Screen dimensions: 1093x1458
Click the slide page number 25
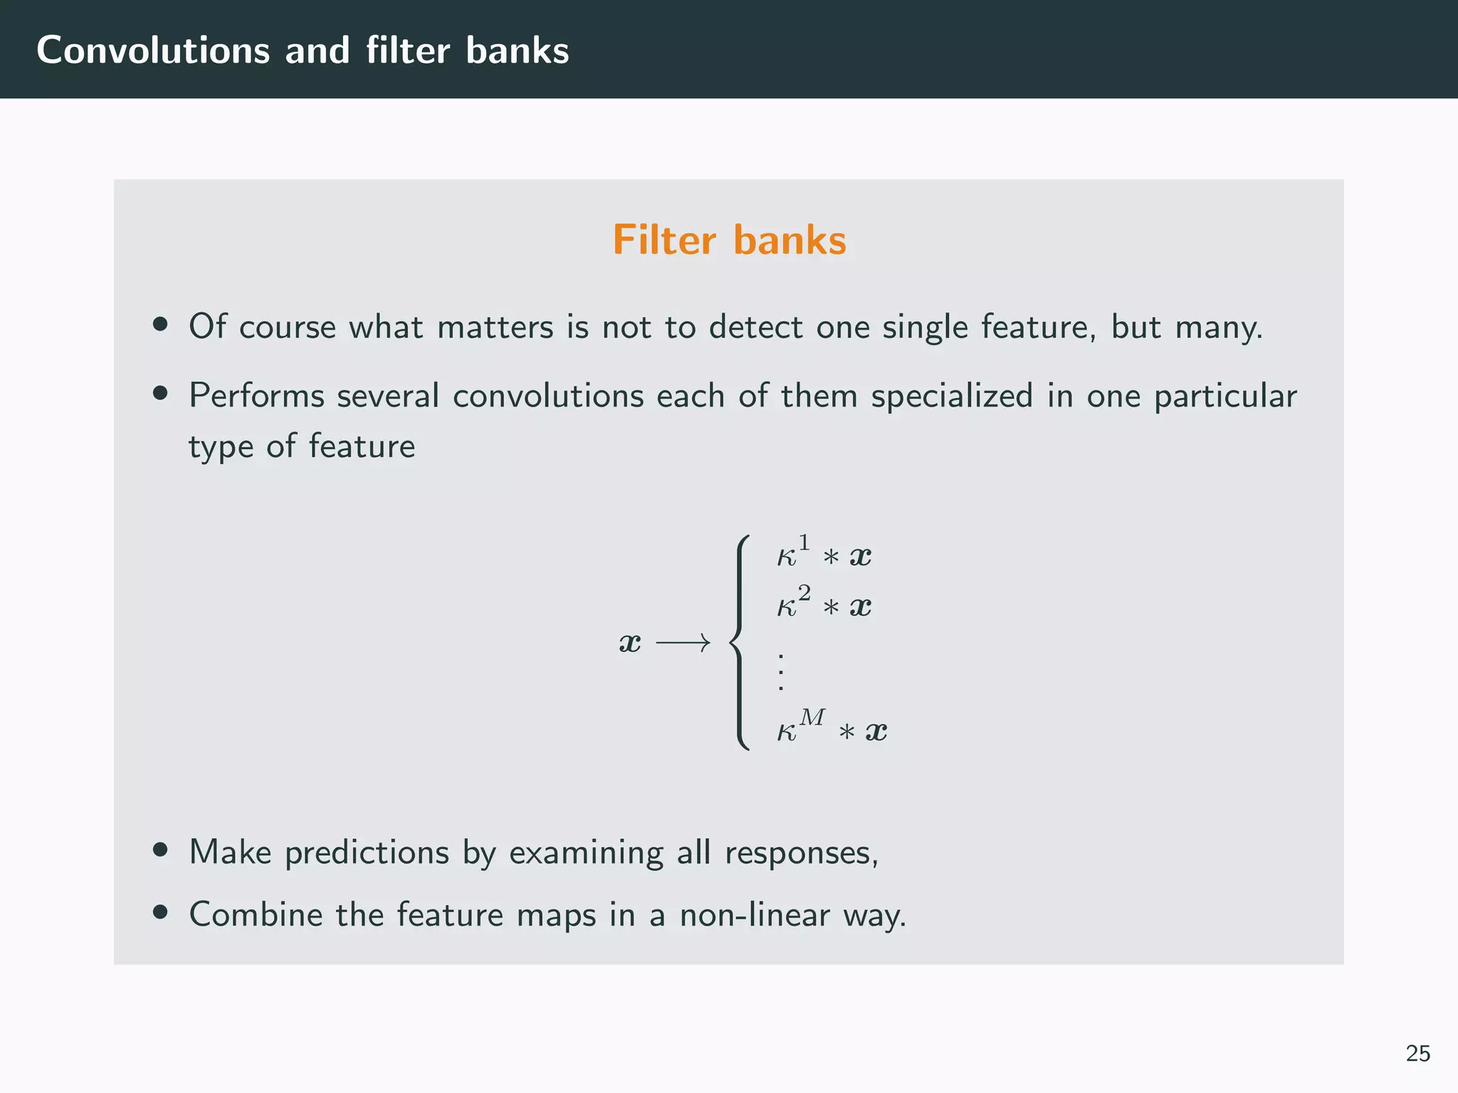1417,1053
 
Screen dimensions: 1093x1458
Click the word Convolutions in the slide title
153,51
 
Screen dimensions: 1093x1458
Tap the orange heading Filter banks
729,240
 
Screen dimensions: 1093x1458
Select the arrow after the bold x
683,643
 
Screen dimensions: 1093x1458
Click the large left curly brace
740,643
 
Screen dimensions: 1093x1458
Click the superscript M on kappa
812,717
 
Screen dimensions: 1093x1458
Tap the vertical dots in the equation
781,671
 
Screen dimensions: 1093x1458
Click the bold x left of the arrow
630,643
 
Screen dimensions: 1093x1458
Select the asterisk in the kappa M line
846,732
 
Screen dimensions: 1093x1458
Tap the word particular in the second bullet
1224,396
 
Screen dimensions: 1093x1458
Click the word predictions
367,852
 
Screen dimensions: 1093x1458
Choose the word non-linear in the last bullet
754,914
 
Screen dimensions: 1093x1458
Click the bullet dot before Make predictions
160,850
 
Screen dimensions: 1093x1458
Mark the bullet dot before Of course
160,324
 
